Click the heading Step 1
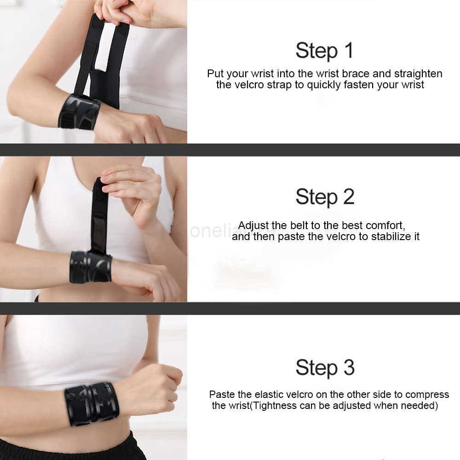point(324,51)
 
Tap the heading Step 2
point(325,197)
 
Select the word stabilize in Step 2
point(391,236)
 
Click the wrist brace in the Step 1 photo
point(80,112)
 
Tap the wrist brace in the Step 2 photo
point(91,267)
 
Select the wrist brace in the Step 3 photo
point(92,403)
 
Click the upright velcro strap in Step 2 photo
point(99,216)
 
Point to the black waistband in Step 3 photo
point(70,449)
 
